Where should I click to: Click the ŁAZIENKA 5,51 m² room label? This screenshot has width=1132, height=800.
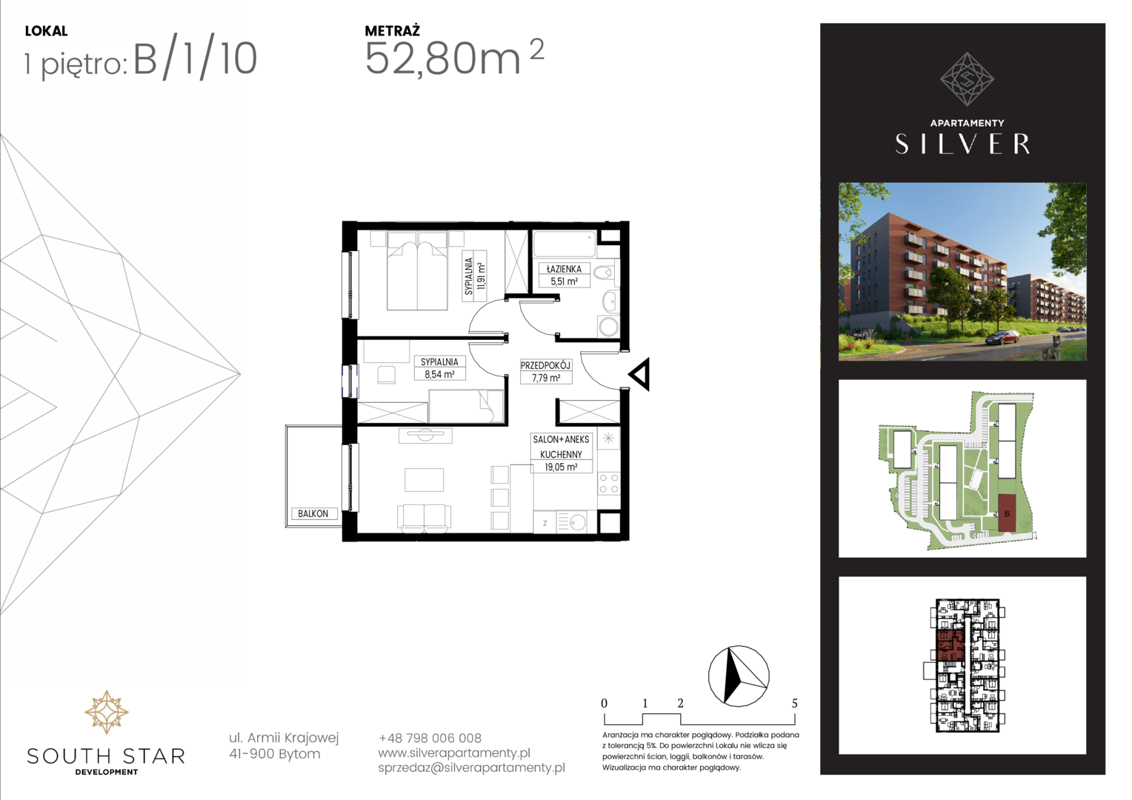[x=564, y=275]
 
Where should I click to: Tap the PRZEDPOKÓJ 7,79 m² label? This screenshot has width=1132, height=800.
[x=546, y=371]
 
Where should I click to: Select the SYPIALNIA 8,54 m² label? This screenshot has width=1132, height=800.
[x=439, y=368]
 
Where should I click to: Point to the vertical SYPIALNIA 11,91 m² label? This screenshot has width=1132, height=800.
[x=475, y=276]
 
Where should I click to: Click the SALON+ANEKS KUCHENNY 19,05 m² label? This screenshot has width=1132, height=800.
[x=561, y=453]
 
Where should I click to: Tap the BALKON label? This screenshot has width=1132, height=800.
[x=313, y=513]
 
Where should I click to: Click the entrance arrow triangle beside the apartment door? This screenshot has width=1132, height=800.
[x=640, y=375]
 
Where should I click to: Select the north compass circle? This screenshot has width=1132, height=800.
[x=739, y=676]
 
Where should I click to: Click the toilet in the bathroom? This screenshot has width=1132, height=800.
[x=605, y=273]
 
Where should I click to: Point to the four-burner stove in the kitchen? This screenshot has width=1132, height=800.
[x=608, y=483]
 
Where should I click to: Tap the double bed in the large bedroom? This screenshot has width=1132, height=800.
[x=417, y=270]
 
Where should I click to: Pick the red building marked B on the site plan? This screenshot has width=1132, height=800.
[x=1007, y=513]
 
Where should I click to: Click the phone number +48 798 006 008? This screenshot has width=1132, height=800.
[x=430, y=739]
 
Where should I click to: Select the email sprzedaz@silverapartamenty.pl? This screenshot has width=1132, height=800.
[x=472, y=767]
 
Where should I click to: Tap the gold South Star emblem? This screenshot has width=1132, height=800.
[x=106, y=712]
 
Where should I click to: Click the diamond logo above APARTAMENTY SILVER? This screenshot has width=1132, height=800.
[x=967, y=79]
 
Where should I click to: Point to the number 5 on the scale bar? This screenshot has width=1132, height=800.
[x=795, y=703]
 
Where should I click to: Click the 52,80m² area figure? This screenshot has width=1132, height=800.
[x=454, y=58]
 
